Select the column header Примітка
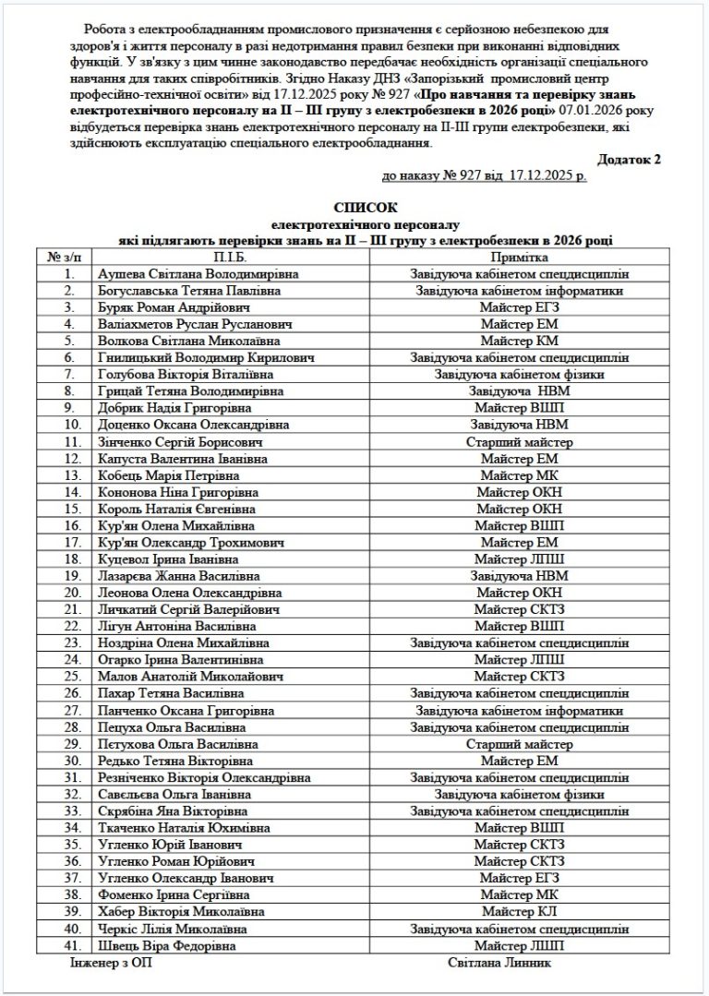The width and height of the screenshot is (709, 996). [x=519, y=258]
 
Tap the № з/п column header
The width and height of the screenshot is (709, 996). [x=64, y=258]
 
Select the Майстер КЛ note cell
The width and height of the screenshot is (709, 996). [x=519, y=911]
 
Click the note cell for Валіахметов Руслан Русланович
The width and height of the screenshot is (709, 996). [x=519, y=324]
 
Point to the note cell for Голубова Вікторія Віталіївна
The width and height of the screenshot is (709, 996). [x=519, y=375]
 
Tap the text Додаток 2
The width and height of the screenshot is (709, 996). [x=630, y=159]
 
